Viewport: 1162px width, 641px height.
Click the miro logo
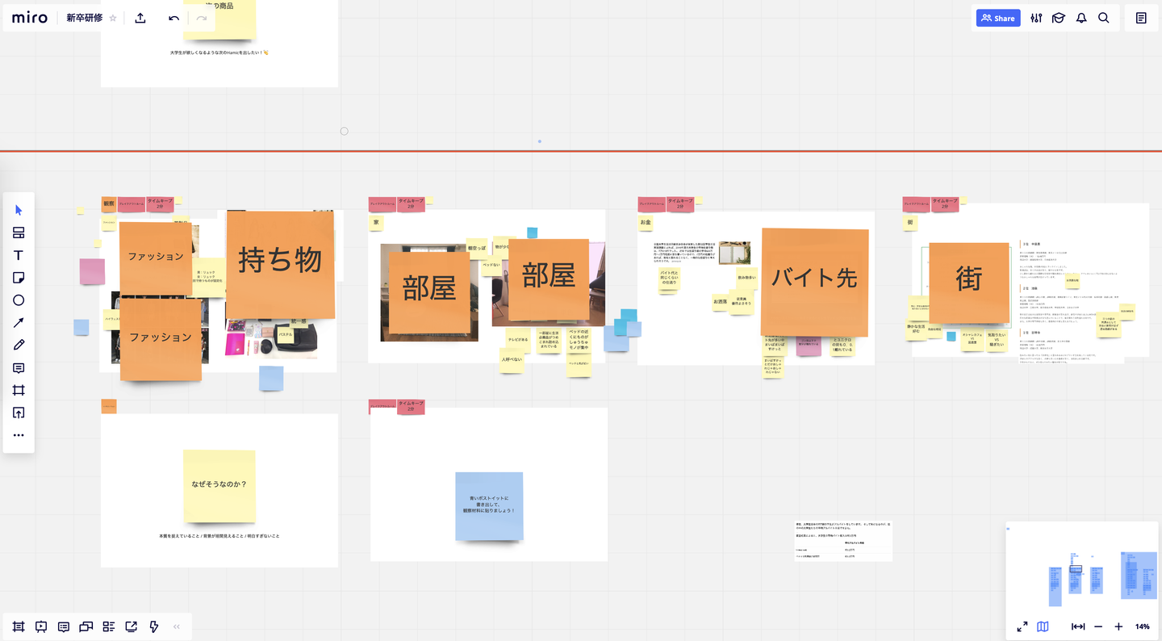tap(30, 18)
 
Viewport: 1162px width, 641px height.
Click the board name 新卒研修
tap(84, 18)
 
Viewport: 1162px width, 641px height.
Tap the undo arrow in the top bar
tap(173, 18)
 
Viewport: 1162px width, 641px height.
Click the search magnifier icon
tap(1104, 18)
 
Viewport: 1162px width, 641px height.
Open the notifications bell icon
tap(1081, 18)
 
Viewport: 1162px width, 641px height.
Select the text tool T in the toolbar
tap(19, 255)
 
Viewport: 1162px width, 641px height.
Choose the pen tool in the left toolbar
tap(19, 346)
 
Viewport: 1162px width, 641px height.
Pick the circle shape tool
tap(19, 300)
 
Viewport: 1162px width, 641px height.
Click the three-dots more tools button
tap(19, 435)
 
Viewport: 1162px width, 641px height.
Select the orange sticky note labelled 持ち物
tap(280, 263)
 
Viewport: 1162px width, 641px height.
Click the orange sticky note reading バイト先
tap(814, 282)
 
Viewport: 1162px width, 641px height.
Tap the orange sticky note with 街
tap(968, 282)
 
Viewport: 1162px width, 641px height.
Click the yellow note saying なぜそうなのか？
tap(219, 486)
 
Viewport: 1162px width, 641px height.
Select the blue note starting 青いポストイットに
tap(489, 506)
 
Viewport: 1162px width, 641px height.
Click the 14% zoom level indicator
tap(1142, 626)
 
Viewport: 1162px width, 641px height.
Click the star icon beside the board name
tap(113, 18)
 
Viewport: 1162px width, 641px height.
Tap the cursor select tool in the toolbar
tap(19, 210)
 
